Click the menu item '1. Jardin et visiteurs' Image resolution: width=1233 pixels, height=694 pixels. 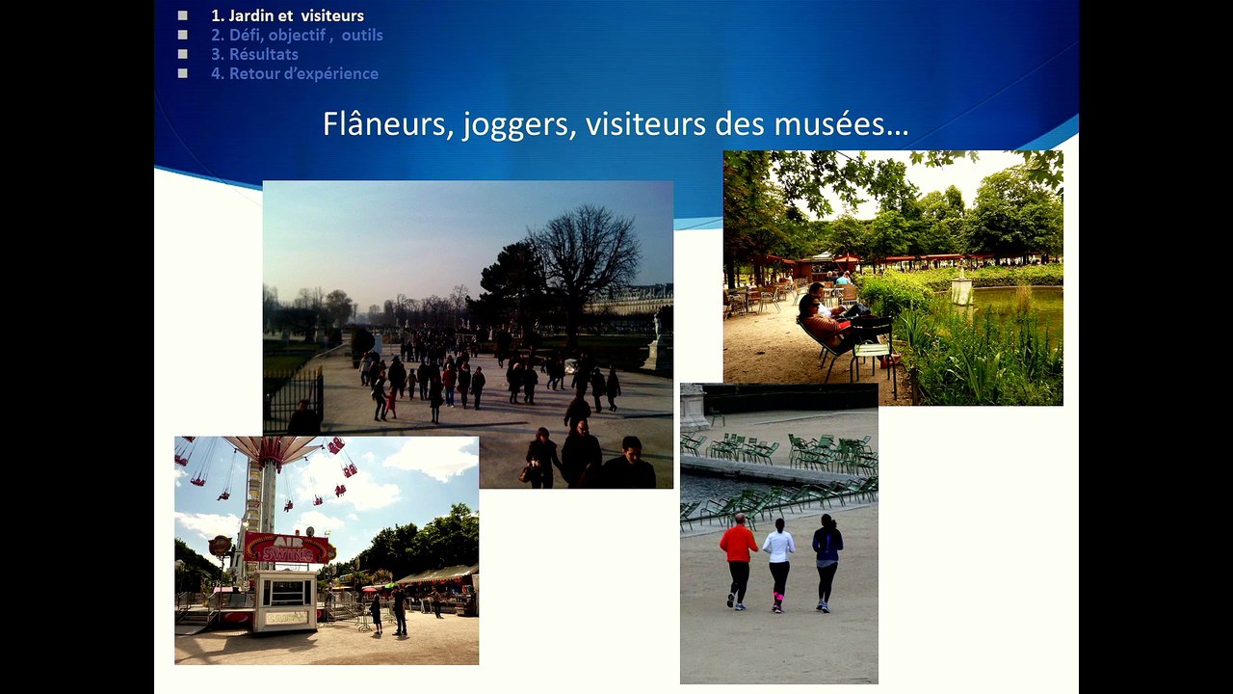(x=287, y=15)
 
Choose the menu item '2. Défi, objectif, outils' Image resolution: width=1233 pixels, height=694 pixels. (x=297, y=35)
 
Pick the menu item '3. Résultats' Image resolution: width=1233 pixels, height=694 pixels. (x=254, y=54)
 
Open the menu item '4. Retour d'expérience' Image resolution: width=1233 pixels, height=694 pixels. (x=295, y=73)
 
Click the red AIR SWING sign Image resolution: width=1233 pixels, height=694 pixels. (x=286, y=547)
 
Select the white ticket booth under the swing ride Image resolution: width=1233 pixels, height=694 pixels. (x=285, y=600)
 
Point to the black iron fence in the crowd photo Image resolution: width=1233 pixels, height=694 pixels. (x=293, y=395)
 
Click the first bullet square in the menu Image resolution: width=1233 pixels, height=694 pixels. (x=182, y=15)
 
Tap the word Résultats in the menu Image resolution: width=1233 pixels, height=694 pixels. (x=263, y=54)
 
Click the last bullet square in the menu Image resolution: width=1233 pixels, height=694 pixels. (x=182, y=73)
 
